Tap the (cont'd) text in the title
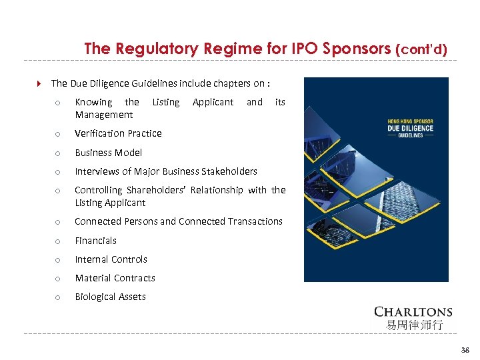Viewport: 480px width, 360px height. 421,49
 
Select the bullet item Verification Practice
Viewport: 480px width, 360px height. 118,133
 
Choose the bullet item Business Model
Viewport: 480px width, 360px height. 108,153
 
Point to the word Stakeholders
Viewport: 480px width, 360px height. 224,171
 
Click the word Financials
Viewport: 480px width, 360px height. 95,241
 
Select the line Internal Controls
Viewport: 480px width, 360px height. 111,259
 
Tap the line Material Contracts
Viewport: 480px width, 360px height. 115,278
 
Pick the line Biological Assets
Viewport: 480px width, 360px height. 110,297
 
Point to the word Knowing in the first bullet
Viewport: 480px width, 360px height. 93,102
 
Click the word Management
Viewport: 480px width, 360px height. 103,115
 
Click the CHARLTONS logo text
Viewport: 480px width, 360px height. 413,311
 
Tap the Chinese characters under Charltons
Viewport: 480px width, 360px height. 413,325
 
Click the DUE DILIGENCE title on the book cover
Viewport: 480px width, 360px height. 410,128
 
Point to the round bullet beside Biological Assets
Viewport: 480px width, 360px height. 58,297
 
